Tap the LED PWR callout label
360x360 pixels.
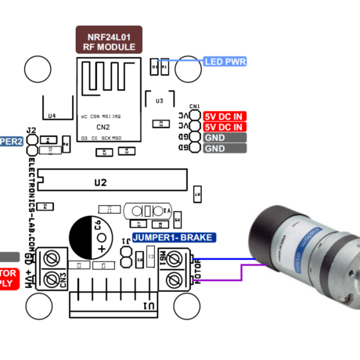tap(225, 61)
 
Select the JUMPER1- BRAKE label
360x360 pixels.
tap(172, 237)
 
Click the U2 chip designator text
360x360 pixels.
tap(99, 182)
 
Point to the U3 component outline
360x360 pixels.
tap(160, 101)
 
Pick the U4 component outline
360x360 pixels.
tap(52, 107)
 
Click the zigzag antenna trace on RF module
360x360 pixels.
tap(102, 82)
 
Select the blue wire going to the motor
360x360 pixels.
tap(227, 259)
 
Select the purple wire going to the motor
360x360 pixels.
tap(227, 274)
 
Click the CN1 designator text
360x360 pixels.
tap(195, 106)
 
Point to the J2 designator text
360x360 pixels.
tap(31, 130)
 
